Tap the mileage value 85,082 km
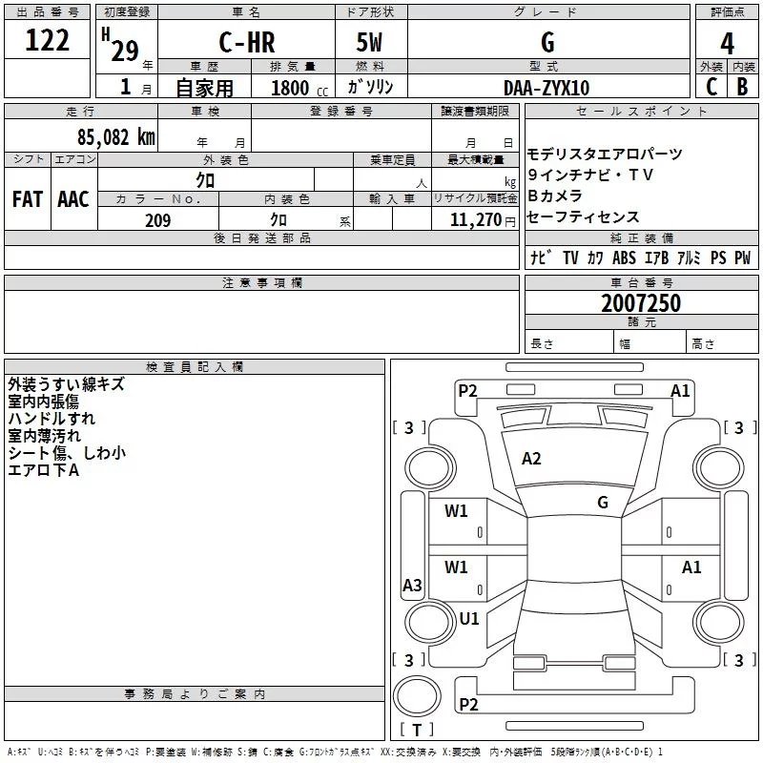tap(115, 137)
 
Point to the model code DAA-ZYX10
tap(546, 88)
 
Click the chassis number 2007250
tap(641, 304)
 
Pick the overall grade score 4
tap(728, 43)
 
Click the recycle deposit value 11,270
tap(476, 220)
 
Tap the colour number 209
tap(157, 220)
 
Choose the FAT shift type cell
tap(28, 199)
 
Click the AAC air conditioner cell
tap(73, 199)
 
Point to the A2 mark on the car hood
tap(531, 459)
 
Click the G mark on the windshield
tap(603, 503)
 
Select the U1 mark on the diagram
tap(469, 618)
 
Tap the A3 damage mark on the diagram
tap(412, 586)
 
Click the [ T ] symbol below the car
tap(417, 731)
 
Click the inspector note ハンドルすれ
tap(52, 419)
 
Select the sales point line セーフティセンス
tap(584, 217)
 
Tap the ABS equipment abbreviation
tap(624, 258)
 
